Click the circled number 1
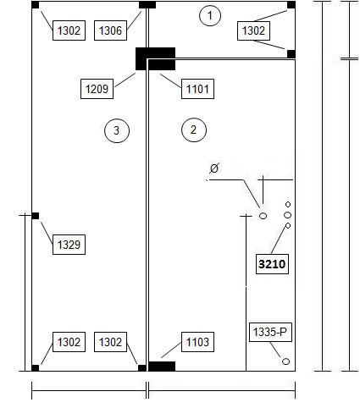[x=210, y=15]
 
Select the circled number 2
[x=194, y=130]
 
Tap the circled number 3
[x=117, y=130]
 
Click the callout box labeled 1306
[x=110, y=30]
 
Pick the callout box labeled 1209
[x=97, y=89]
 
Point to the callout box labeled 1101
[x=197, y=89]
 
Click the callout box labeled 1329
[x=69, y=245]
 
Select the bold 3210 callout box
[x=272, y=264]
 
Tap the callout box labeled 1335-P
[x=270, y=332]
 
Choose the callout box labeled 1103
[x=197, y=342]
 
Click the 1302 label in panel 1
[x=253, y=30]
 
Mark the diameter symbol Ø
[x=214, y=168]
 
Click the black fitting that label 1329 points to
[x=36, y=216]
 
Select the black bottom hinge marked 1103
[x=162, y=367]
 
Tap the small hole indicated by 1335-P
[x=286, y=361]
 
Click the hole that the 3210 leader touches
[x=288, y=225]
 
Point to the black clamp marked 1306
[x=147, y=5]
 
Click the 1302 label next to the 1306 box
[x=69, y=30]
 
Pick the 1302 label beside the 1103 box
[x=110, y=342]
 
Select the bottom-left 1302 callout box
[x=69, y=342]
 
